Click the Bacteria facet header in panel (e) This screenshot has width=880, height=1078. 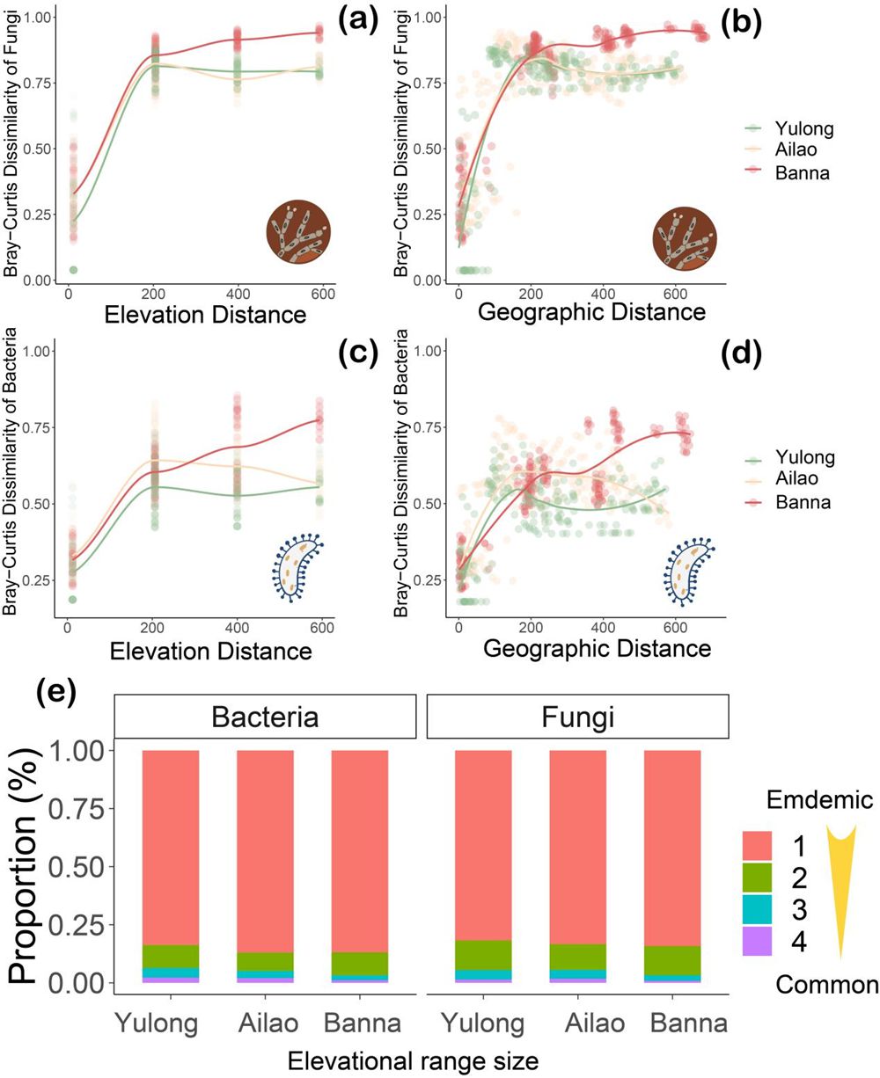[x=265, y=716]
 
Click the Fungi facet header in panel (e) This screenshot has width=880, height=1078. [x=577, y=716]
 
